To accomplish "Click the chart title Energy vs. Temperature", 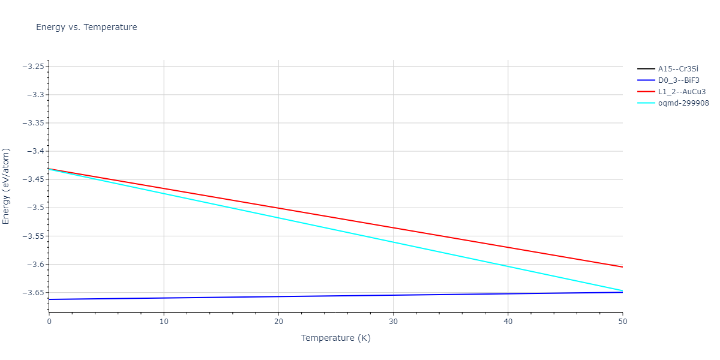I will click(86, 27).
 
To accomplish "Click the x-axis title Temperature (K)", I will click(335, 338).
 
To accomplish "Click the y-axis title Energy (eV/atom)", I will click(7, 186).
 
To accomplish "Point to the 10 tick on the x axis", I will click(163, 322).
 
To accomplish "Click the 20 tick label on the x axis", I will click(278, 322).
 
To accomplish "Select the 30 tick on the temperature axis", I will click(393, 322).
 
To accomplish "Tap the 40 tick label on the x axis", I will click(508, 322).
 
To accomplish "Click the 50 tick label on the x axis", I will click(622, 322).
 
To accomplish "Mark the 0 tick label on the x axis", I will click(49, 322).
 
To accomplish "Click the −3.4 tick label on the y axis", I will click(34, 151).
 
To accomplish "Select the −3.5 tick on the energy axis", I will click(34, 208).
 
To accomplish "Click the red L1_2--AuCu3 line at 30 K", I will click(393, 227).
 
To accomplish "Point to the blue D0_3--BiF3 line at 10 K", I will click(163, 298).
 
